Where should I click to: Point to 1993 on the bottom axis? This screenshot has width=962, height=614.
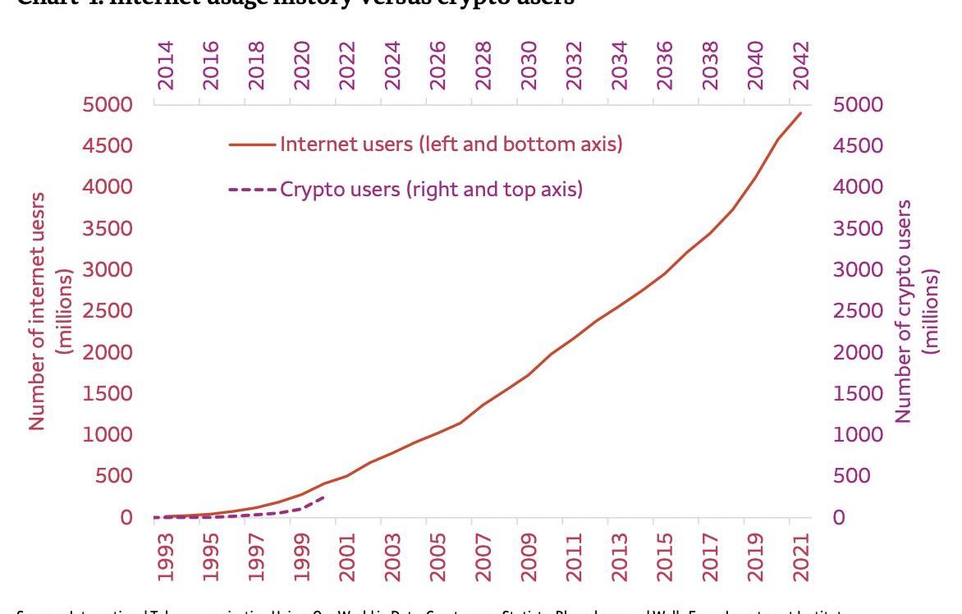pos(166,557)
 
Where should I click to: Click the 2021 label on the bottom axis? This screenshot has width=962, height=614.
pos(801,557)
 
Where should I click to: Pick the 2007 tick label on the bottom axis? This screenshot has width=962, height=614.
pos(483,557)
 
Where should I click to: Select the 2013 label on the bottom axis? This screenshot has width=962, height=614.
pos(620,557)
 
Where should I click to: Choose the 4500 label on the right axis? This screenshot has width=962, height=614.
pos(858,146)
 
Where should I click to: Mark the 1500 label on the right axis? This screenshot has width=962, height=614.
pos(858,394)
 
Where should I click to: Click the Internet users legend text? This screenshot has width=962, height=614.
pos(451,144)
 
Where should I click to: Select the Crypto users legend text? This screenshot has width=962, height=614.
pos(431,190)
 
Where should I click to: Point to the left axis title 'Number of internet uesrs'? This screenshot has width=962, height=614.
pos(37,311)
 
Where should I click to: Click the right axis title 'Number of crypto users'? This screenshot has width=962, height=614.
pos(905,311)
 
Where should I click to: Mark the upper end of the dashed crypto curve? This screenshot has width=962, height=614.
pos(325,497)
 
